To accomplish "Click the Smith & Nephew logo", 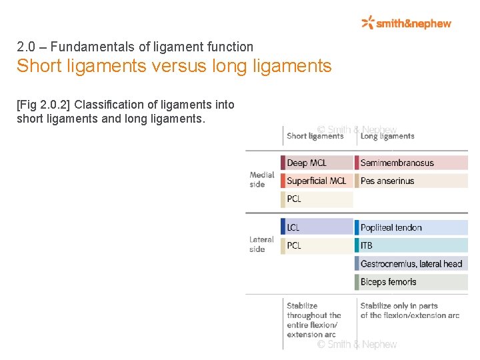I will coord(406,23).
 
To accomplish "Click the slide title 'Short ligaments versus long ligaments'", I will coord(174,67).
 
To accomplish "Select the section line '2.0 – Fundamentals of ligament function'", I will coord(135,47).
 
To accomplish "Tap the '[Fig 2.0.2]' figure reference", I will coord(45,105).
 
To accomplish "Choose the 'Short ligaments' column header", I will coord(315,136).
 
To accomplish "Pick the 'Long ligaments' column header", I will coord(387,136).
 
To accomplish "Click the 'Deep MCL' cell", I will coord(317,163).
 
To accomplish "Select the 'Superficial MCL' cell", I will coord(317,181).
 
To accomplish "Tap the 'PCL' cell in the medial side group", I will coord(317,199).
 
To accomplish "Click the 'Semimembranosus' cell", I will coord(411,163).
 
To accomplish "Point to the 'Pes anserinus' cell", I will coord(411,181).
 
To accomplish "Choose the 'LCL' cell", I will coord(317,227).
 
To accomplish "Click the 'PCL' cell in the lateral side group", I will coord(317,245).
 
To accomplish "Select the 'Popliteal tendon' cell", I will coord(411,227).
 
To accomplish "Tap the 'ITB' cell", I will coord(411,245).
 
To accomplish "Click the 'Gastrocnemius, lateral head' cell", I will coord(411,264).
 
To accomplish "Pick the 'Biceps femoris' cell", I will coord(411,282).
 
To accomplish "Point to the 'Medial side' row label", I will coord(262,180).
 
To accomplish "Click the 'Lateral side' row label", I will coord(261,244).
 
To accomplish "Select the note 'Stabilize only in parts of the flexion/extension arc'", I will coord(409,311).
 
